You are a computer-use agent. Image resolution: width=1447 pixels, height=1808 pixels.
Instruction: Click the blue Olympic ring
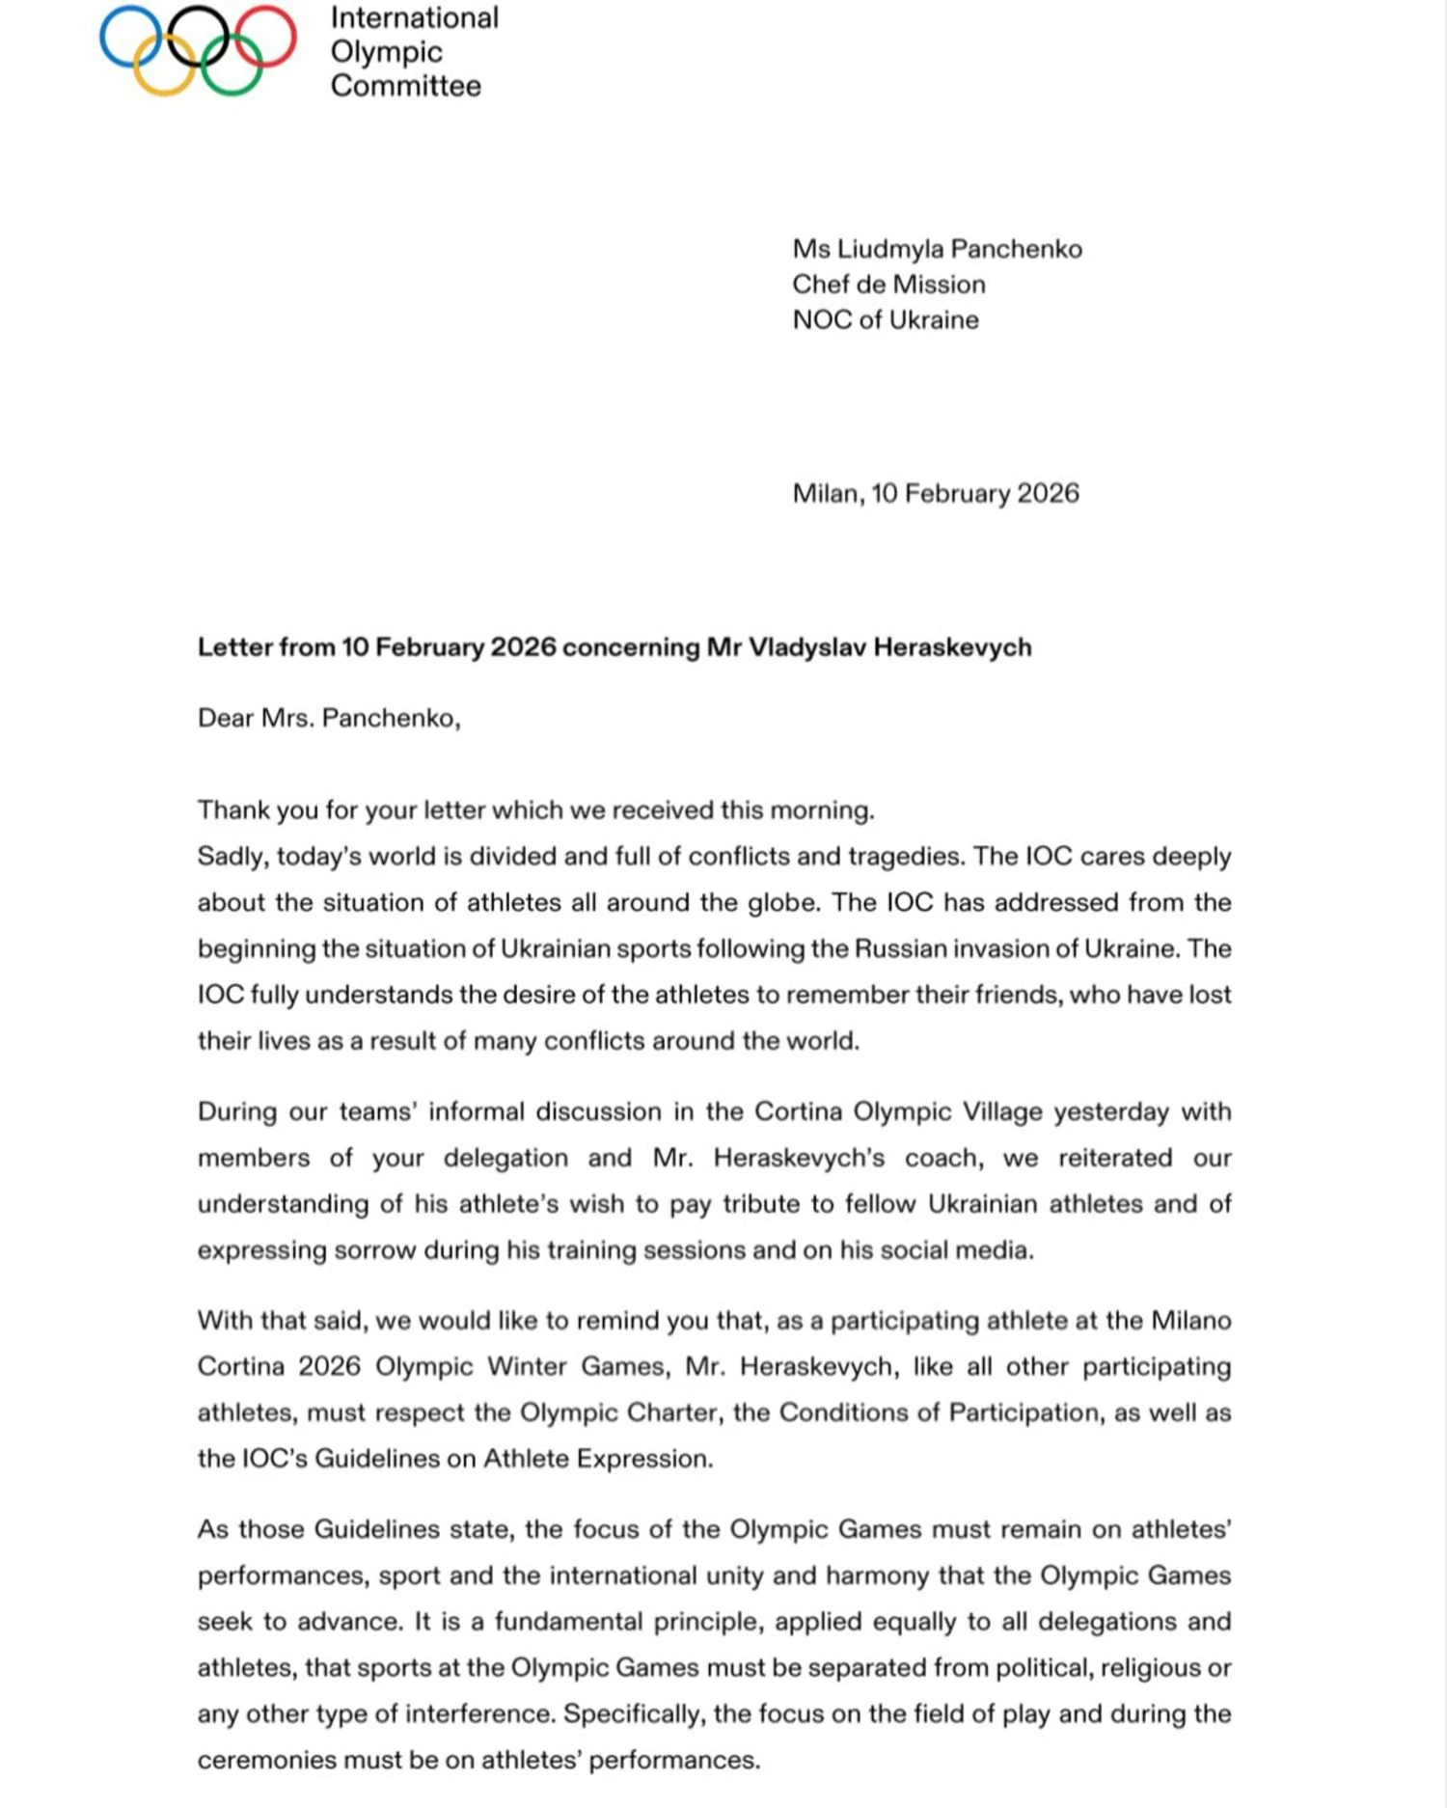(x=102, y=37)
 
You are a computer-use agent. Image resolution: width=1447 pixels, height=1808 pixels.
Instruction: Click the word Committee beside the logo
(x=405, y=86)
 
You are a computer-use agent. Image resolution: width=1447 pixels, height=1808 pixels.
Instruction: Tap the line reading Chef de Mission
(x=888, y=285)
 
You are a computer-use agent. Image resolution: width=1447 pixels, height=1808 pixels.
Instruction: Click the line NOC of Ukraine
(x=885, y=320)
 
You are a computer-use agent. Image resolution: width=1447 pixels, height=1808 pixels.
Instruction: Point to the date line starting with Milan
(x=935, y=494)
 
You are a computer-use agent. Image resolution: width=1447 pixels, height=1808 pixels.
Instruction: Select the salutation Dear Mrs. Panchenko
(x=328, y=719)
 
